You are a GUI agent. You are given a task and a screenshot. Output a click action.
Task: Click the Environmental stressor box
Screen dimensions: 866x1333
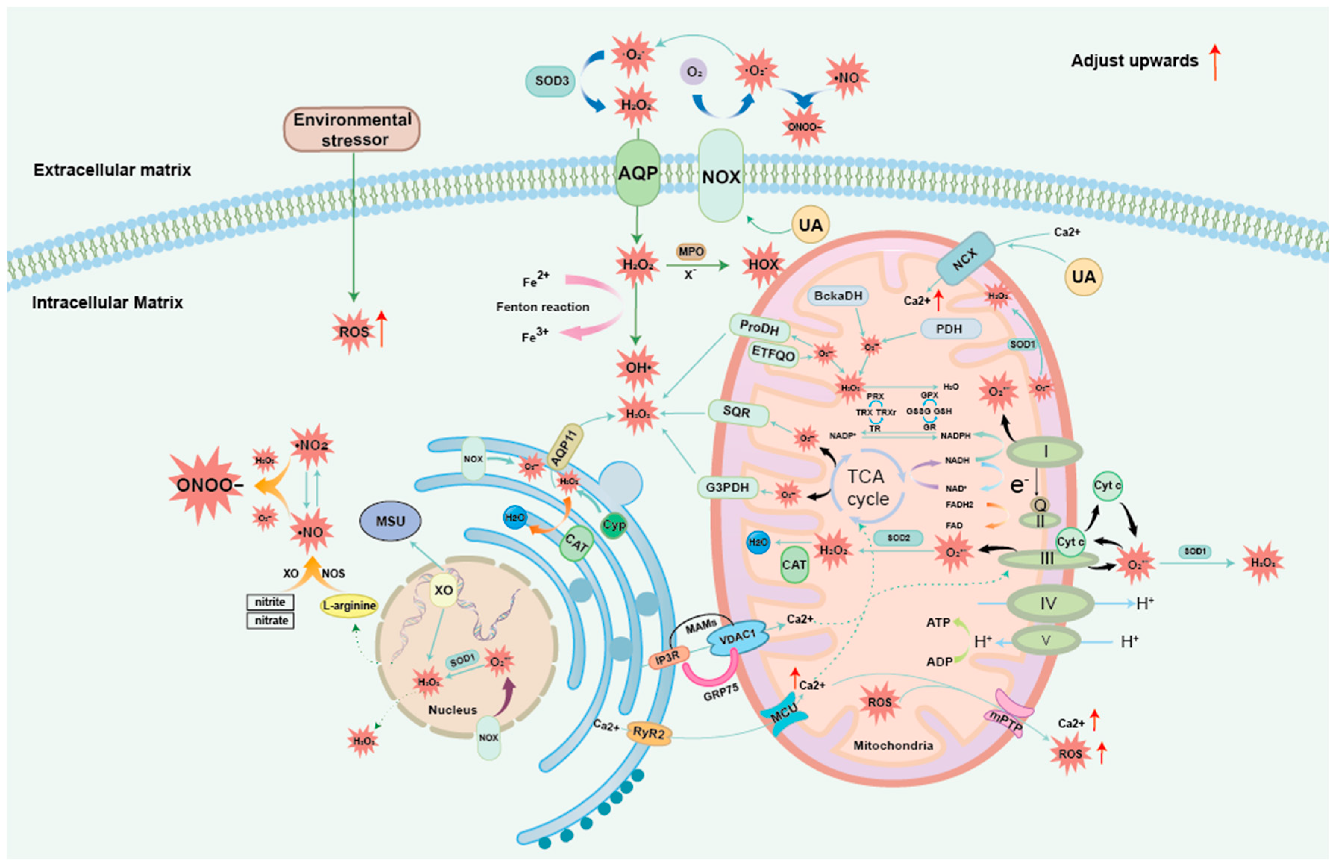(x=352, y=129)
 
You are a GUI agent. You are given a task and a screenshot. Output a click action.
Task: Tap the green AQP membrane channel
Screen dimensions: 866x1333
(x=637, y=173)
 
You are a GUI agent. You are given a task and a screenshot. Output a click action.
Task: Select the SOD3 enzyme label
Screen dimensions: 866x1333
(x=551, y=81)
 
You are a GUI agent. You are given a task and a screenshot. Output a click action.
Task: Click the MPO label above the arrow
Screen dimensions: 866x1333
(x=691, y=252)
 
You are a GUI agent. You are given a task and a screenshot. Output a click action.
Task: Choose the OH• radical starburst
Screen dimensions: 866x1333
(x=637, y=368)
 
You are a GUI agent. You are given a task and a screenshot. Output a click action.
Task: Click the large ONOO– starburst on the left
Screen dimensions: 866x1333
(x=206, y=485)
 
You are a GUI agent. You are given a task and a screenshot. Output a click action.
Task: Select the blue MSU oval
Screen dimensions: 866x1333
(x=390, y=521)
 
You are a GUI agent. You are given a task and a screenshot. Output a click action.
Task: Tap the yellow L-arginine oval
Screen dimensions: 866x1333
(x=349, y=606)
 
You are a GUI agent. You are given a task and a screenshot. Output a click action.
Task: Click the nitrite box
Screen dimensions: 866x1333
(x=270, y=602)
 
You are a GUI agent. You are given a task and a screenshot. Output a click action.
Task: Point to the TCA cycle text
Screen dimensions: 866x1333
(x=867, y=487)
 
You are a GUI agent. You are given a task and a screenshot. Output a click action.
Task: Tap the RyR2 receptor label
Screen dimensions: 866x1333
(x=648, y=732)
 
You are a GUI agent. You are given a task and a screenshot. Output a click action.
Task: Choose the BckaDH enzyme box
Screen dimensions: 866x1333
(x=838, y=296)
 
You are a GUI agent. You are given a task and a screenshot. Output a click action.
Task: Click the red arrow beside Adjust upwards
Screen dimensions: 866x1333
(x=1214, y=62)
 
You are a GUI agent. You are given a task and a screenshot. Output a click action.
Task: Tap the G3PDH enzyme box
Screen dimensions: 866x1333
(x=727, y=487)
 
